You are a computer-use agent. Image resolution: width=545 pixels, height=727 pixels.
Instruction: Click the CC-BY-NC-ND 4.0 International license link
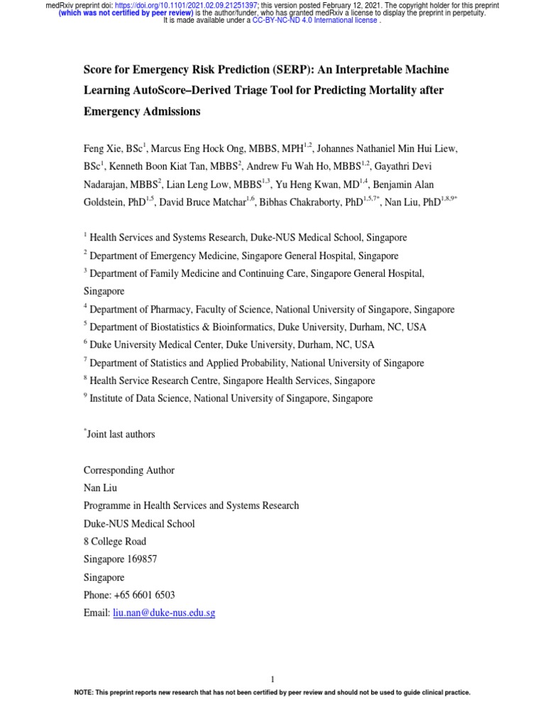[x=315, y=21]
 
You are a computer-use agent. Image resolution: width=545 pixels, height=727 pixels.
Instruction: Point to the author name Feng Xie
[x=102, y=148]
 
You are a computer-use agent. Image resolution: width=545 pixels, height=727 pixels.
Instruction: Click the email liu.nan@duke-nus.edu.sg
[x=164, y=613]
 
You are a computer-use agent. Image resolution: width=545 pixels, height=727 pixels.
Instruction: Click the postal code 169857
[x=142, y=559]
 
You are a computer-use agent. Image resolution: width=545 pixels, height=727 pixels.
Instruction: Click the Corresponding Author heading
[x=128, y=470]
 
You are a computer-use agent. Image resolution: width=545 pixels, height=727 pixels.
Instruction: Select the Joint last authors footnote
[x=121, y=434]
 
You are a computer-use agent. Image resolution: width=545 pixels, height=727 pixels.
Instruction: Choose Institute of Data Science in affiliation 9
[x=139, y=399]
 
